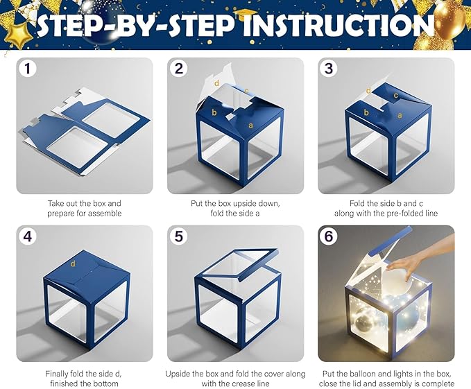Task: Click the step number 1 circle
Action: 28,68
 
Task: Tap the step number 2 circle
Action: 179,68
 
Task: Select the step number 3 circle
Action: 329,68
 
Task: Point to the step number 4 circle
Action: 28,236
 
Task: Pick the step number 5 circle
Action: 179,236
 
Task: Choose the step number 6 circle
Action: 329,236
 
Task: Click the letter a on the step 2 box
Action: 250,126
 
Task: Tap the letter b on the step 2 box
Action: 214,112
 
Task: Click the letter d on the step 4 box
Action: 73,263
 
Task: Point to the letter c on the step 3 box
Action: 396,96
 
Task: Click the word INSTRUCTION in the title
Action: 339,25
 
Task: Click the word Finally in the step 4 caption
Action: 57,374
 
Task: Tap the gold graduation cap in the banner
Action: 245,14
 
